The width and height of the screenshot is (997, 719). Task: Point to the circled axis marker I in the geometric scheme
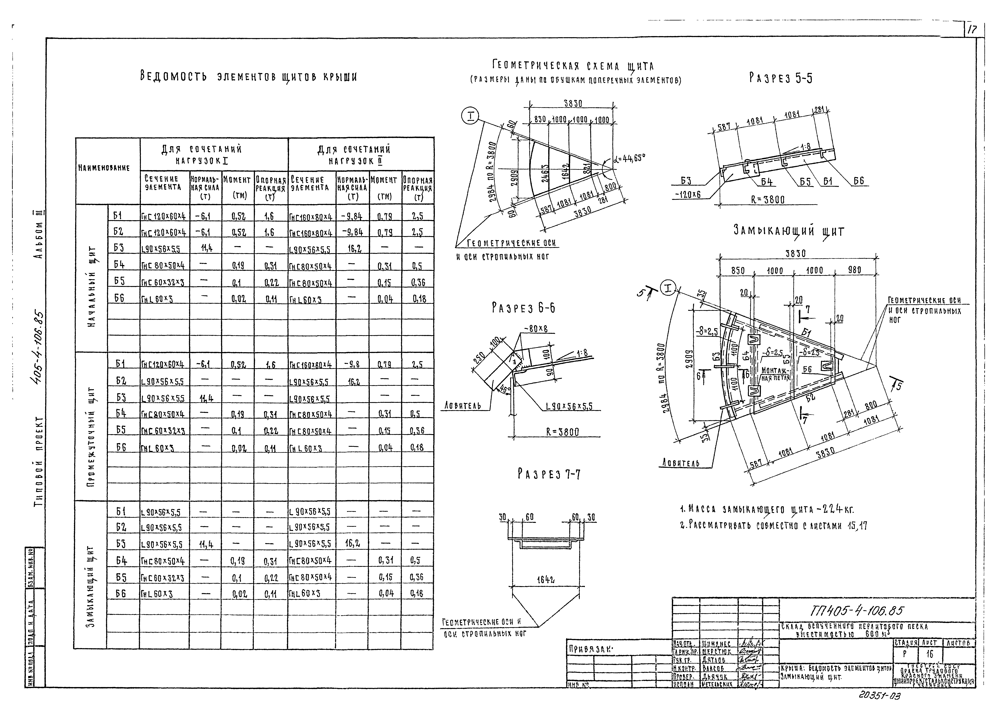point(471,116)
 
